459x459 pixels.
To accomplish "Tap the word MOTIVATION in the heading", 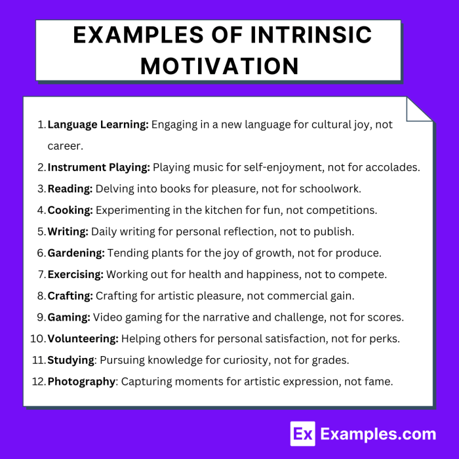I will point(219,66).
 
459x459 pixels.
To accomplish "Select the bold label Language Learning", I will point(98,124).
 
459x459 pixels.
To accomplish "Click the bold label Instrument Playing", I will point(99,167).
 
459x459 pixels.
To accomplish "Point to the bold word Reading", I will point(70,189).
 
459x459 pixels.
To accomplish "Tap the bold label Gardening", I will point(76,252).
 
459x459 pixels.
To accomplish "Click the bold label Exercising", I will point(75,274).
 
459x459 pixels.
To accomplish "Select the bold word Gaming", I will point(69,317).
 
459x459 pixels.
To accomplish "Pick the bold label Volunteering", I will point(83,338).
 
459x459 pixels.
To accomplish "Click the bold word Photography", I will point(81,381).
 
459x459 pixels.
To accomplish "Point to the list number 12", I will point(39,381).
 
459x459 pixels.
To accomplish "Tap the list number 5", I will point(41,231).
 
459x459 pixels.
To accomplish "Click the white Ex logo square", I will point(302,433).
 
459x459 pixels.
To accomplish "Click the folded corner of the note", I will point(418,110).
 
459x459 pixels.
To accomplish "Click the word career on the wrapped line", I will point(65,146).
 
